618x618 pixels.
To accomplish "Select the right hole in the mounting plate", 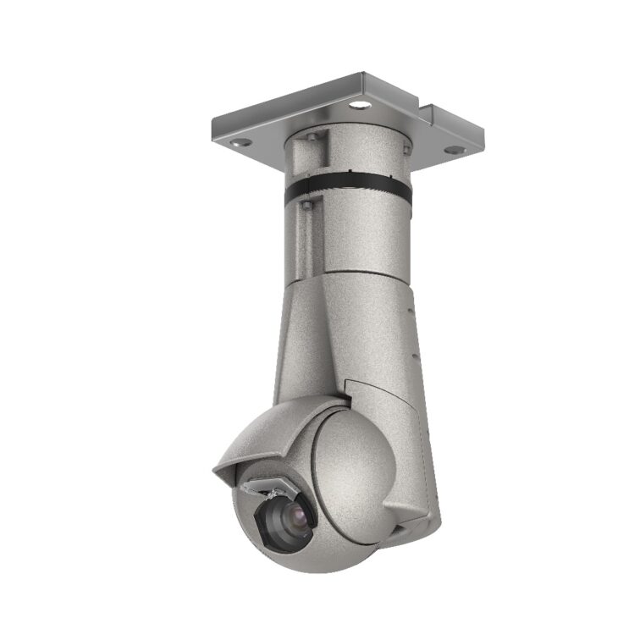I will pyautogui.click(x=455, y=150).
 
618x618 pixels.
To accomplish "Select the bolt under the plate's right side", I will pyautogui.click(x=407, y=151).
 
